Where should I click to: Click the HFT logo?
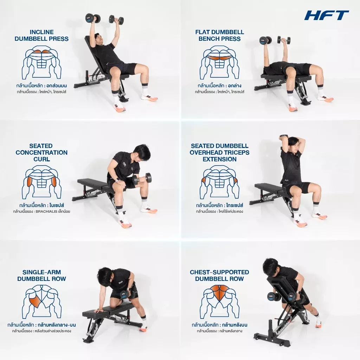coord(327,15)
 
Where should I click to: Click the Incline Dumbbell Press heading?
coord(41,36)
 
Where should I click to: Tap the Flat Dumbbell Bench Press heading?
coord(219,36)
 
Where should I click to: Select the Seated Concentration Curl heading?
coord(41,153)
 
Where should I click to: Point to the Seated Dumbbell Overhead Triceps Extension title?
coord(219,153)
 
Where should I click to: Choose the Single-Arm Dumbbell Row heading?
coord(41,275)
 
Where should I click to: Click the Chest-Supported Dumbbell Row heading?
coord(219,275)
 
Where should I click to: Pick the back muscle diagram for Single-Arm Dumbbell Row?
coord(41,301)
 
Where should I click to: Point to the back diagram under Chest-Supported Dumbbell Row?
coord(219,301)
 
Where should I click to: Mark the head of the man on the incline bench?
coord(100,39)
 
